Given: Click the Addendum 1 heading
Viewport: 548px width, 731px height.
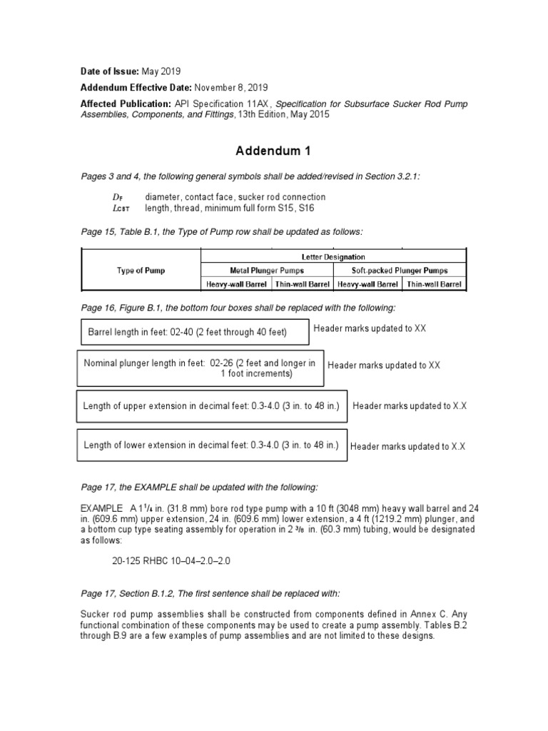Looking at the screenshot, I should pos(273,151).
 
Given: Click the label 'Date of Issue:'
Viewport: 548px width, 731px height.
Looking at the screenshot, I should pos(110,71).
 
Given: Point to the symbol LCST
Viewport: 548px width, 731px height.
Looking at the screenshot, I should pos(112,208).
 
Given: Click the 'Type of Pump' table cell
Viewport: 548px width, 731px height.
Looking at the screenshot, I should pos(141,271).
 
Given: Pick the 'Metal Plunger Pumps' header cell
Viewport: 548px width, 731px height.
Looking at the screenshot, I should pos(267,271).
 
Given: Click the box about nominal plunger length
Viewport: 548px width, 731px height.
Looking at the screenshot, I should pos(201,368).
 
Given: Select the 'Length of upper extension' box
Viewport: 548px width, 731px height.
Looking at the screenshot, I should pos(211,405).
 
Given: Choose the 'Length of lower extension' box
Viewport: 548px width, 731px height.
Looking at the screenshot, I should pos(211,445).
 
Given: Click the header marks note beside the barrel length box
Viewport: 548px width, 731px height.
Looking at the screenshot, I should pos(370,328).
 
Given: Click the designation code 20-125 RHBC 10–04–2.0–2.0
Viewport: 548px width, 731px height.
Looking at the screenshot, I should pos(171,561).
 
